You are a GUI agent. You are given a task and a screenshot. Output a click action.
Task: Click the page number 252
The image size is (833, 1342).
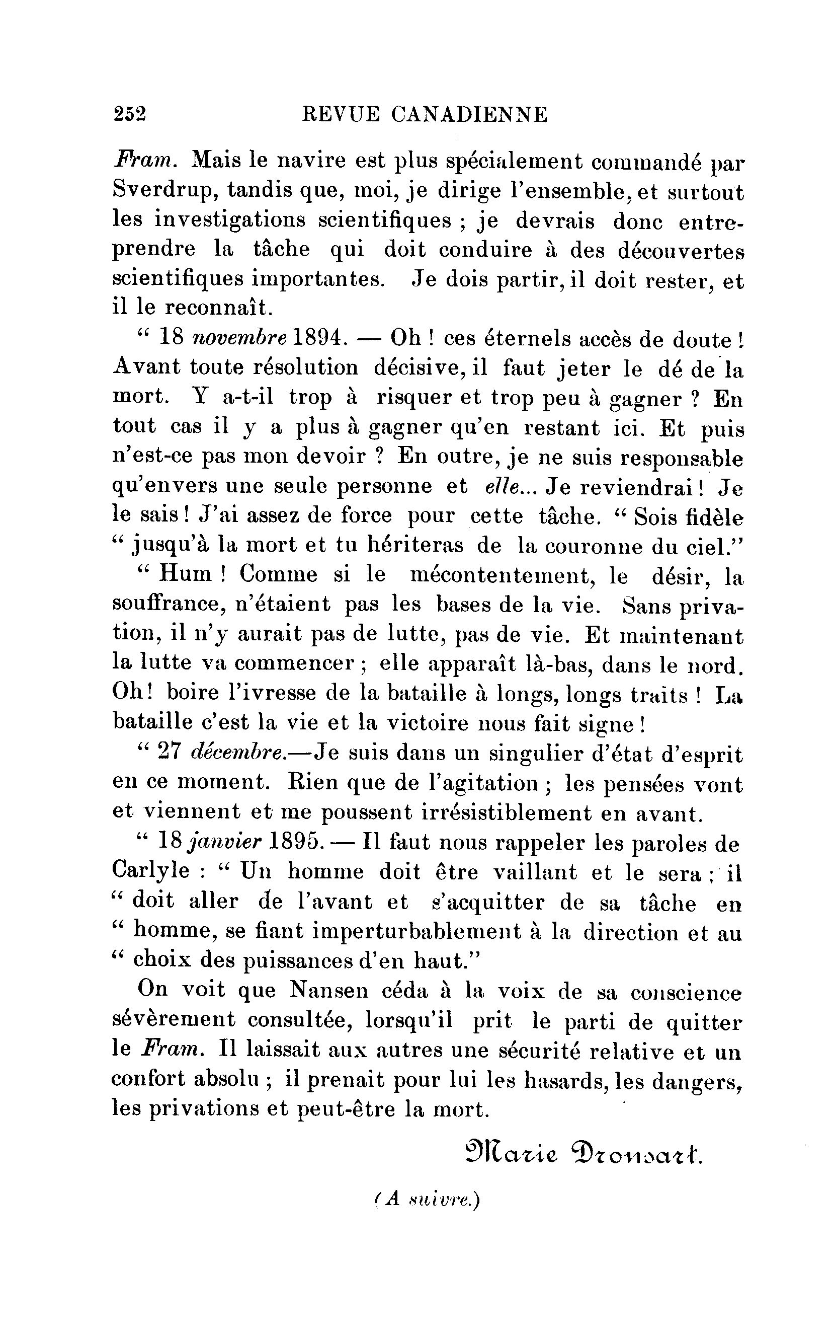coord(129,114)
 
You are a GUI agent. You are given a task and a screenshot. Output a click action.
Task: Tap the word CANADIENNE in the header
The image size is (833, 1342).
coord(469,114)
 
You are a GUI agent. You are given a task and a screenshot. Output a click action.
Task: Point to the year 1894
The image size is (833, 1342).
coord(319,337)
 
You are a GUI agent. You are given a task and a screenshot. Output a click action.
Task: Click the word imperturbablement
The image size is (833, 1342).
coord(416,931)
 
